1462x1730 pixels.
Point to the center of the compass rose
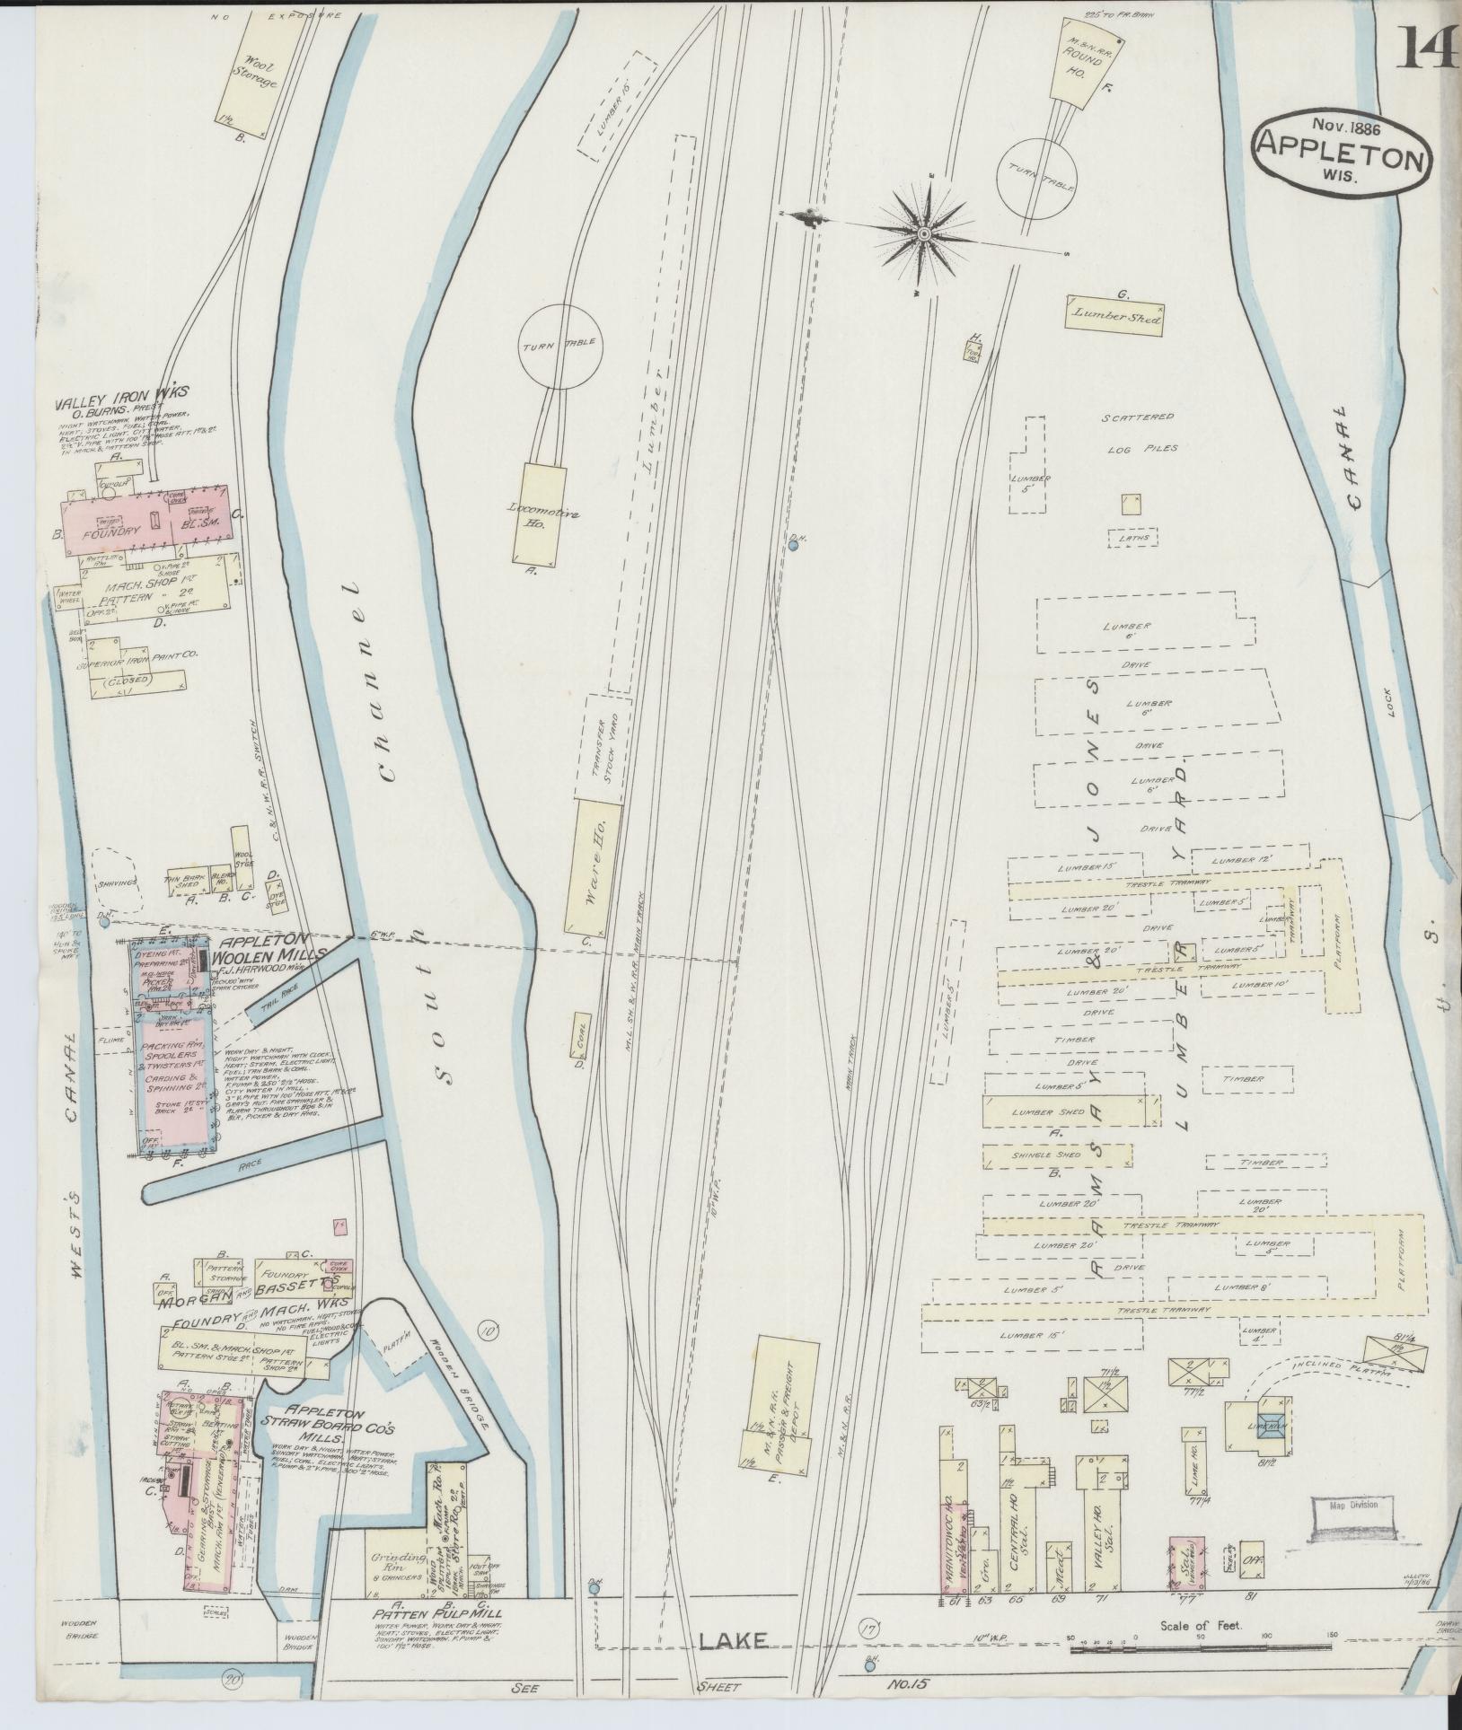point(923,233)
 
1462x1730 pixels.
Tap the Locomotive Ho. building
point(539,514)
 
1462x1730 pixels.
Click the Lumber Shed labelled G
point(1114,318)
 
